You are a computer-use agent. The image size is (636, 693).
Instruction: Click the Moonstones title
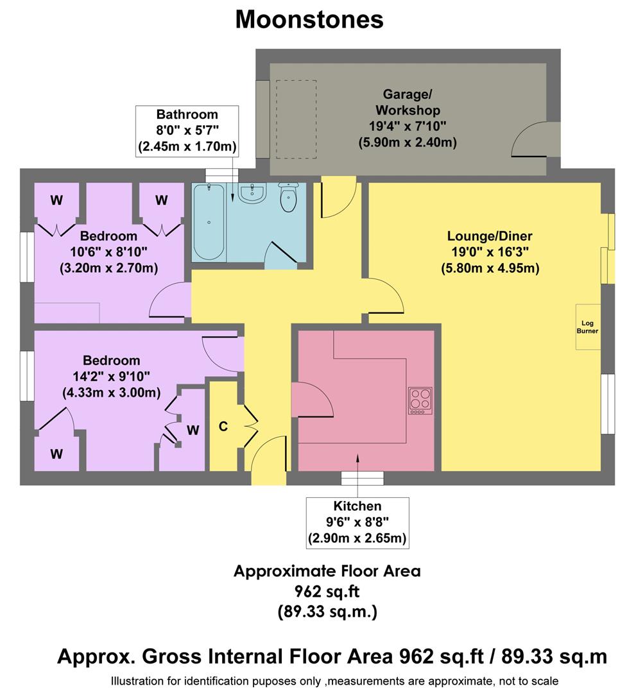pyautogui.click(x=309, y=19)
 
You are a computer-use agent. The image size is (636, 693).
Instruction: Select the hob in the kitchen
pyautogui.click(x=420, y=400)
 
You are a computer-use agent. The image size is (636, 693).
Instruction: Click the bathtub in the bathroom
pyautogui.click(x=209, y=222)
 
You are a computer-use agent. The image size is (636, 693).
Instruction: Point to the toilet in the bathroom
pyautogui.click(x=289, y=196)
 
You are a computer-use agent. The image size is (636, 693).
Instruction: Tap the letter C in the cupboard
pyautogui.click(x=223, y=427)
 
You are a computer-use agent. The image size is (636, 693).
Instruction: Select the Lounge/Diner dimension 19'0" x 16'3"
pyautogui.click(x=490, y=252)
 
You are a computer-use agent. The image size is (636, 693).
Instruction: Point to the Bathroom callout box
pyautogui.click(x=187, y=131)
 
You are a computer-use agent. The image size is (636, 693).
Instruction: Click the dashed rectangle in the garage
pyautogui.click(x=296, y=119)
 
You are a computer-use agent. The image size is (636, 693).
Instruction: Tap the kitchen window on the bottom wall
pyautogui.click(x=362, y=478)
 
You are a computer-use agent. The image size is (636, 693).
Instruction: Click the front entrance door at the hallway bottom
pyautogui.click(x=268, y=462)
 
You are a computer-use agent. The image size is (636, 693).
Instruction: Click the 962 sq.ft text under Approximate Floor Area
pyautogui.click(x=327, y=592)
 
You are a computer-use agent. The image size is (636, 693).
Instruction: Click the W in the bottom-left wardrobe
pyautogui.click(x=56, y=454)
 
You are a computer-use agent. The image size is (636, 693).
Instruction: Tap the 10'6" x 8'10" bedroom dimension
pyautogui.click(x=108, y=252)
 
